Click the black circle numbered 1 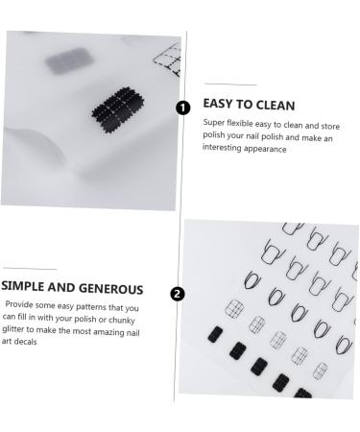click(182, 108)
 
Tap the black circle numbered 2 click(177, 294)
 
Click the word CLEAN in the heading click(272, 105)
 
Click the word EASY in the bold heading click(220, 105)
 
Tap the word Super click(214, 122)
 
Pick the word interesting click(227, 150)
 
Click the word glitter click(15, 329)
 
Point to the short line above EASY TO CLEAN click(221, 84)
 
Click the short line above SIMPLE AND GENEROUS click(29, 270)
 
